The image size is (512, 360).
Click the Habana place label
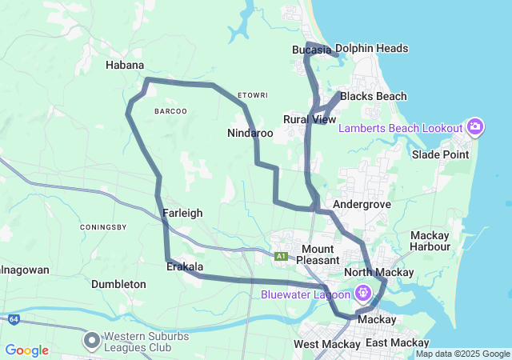coord(125,66)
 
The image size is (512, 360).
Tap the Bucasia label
coord(311,50)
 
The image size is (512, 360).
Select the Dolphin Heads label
coord(371,49)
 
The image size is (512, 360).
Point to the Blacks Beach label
coord(373,97)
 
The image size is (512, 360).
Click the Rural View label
coord(310,119)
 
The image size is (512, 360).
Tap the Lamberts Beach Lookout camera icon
coord(475,127)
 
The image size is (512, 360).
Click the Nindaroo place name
coord(250,133)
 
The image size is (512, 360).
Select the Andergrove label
coord(362,205)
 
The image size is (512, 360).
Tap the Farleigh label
coord(182,213)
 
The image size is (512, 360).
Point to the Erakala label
coord(184,267)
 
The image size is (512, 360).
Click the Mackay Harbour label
coord(430,241)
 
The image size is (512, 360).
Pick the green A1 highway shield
coord(281,256)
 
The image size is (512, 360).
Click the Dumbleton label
coord(118,284)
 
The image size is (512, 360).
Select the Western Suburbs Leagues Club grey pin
coord(92,341)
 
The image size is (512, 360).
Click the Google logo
coord(26,350)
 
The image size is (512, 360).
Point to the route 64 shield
coord(14,319)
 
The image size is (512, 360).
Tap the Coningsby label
coord(103,227)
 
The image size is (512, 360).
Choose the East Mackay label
coord(392,343)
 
